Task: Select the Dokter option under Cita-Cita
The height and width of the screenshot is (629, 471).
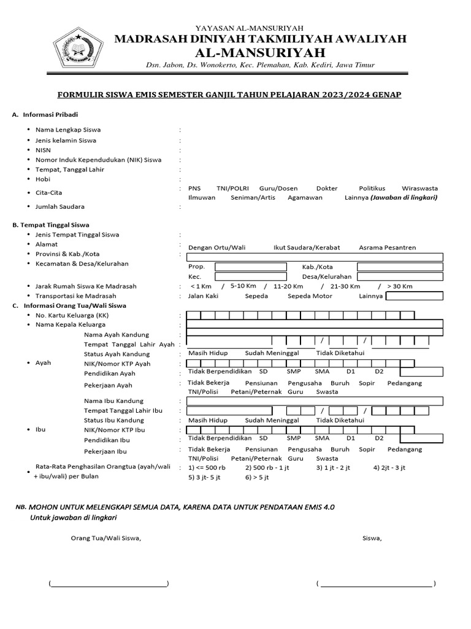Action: (x=327, y=188)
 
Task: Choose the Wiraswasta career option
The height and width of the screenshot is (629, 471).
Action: (x=419, y=188)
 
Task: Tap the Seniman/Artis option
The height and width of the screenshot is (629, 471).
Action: (x=253, y=198)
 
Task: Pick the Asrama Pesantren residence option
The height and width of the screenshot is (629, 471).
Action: (x=387, y=248)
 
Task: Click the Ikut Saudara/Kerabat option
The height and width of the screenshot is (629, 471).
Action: (x=306, y=248)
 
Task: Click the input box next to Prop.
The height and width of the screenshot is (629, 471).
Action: (x=250, y=267)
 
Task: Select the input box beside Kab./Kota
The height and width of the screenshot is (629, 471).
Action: (x=400, y=267)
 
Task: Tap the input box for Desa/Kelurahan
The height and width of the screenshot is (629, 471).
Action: (x=400, y=277)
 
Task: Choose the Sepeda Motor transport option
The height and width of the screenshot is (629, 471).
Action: (x=310, y=296)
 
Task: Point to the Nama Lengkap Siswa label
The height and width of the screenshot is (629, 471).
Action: (x=68, y=130)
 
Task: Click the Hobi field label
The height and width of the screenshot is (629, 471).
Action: (x=42, y=179)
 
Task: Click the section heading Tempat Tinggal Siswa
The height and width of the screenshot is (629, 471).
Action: (x=55, y=225)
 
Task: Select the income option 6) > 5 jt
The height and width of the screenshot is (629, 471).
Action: (x=256, y=477)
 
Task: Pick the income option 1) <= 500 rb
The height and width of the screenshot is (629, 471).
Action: (x=207, y=467)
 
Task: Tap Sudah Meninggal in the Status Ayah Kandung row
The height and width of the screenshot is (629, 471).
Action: (x=272, y=353)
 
